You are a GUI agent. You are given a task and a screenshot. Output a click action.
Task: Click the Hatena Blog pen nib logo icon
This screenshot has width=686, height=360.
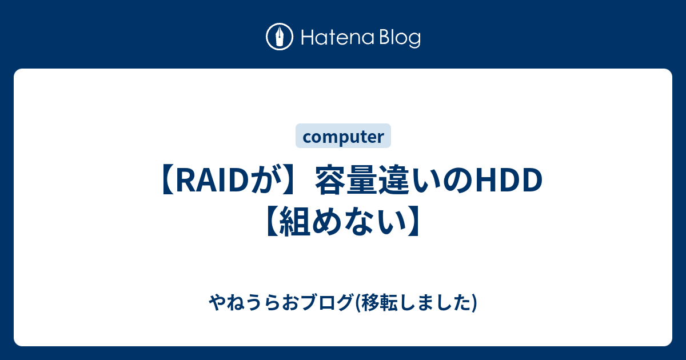point(280,37)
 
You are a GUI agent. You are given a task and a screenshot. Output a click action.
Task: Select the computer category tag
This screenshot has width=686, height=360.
point(343,136)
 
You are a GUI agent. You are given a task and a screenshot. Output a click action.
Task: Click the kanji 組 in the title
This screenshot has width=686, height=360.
point(294,221)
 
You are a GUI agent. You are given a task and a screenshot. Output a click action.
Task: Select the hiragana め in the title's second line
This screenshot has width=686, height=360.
point(326,221)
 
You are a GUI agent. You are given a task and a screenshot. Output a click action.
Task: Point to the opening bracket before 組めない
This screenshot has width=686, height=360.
point(272,221)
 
